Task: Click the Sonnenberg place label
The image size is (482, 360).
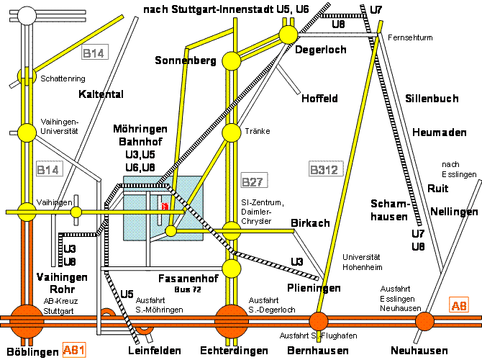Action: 185,61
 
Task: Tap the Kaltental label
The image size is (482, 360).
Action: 101,94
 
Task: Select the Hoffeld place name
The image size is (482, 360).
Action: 319,98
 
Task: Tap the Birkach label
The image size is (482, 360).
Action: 310,223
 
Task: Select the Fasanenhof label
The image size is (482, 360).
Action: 186,277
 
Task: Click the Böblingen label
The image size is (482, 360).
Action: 29,351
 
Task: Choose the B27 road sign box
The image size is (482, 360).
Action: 254,180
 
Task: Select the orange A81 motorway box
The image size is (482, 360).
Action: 77,351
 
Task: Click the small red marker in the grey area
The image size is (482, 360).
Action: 165,206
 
